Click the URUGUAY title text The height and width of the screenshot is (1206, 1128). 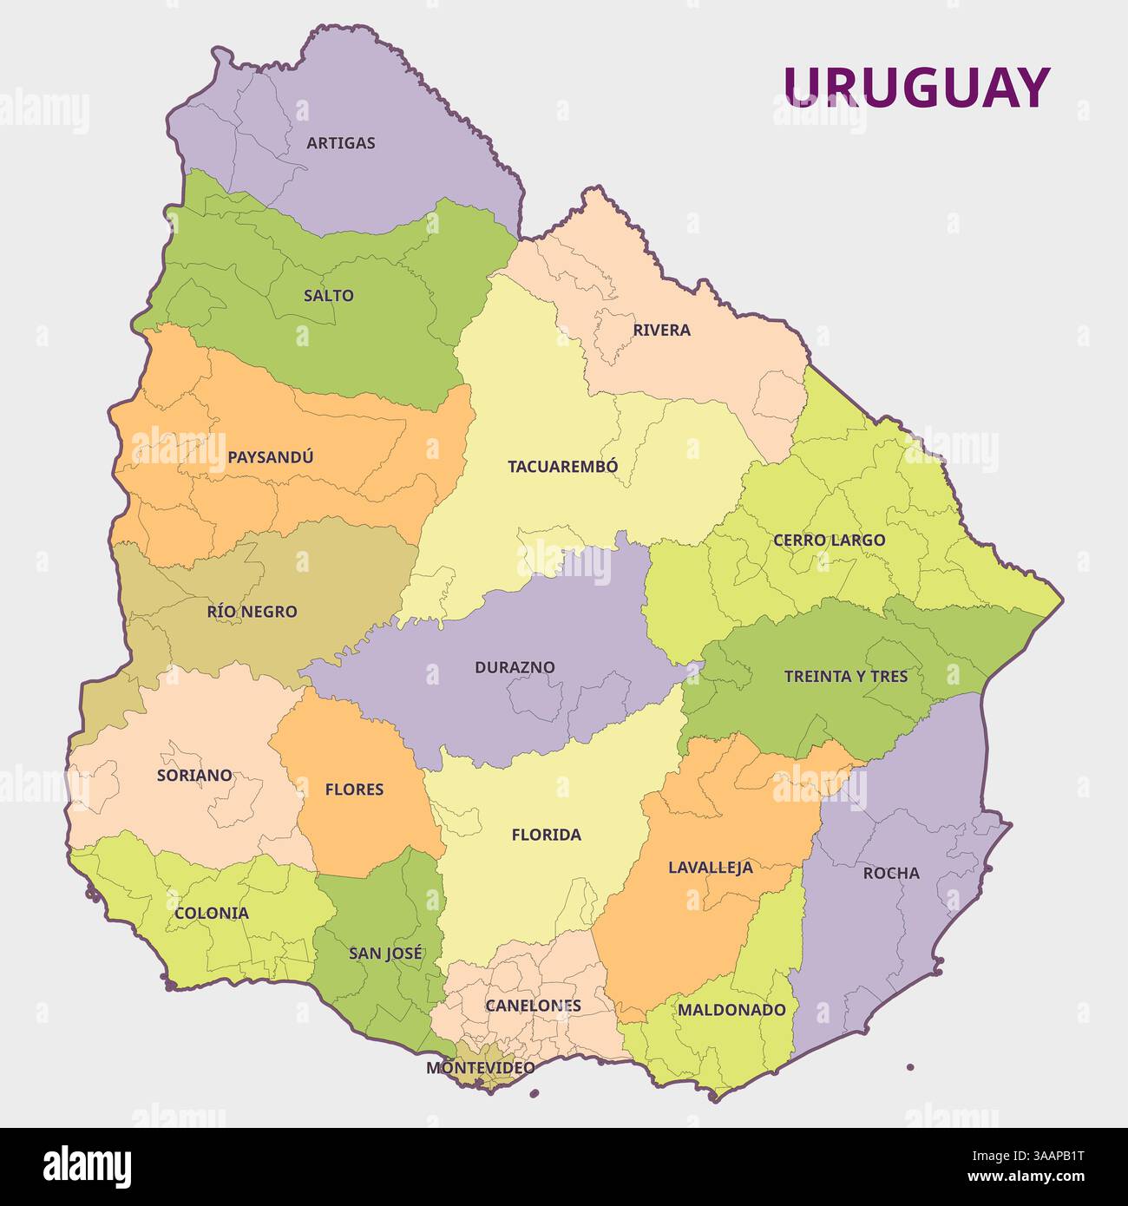[916, 87]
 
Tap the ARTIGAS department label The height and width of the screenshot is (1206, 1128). [341, 143]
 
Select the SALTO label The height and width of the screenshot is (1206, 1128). [329, 296]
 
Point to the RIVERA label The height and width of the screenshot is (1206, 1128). [661, 331]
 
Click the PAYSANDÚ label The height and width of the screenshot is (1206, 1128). [270, 457]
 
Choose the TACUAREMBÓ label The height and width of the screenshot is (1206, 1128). [563, 467]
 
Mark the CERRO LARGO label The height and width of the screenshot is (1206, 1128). [829, 541]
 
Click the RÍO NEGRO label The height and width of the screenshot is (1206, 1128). [252, 612]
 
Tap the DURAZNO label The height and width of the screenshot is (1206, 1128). [515, 668]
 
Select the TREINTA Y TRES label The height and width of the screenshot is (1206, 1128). [845, 677]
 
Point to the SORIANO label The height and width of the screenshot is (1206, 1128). [194, 776]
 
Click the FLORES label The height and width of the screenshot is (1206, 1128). [354, 790]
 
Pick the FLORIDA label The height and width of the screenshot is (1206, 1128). [546, 836]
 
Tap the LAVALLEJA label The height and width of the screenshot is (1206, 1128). [711, 868]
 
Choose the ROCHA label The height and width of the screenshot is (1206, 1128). [890, 874]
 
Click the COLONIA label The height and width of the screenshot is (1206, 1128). [212, 914]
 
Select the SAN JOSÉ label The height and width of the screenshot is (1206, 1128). [386, 954]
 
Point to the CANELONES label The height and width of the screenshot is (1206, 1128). [533, 1006]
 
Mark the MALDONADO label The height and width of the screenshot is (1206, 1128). [731, 1010]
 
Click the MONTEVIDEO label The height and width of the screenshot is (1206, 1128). [480, 1068]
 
